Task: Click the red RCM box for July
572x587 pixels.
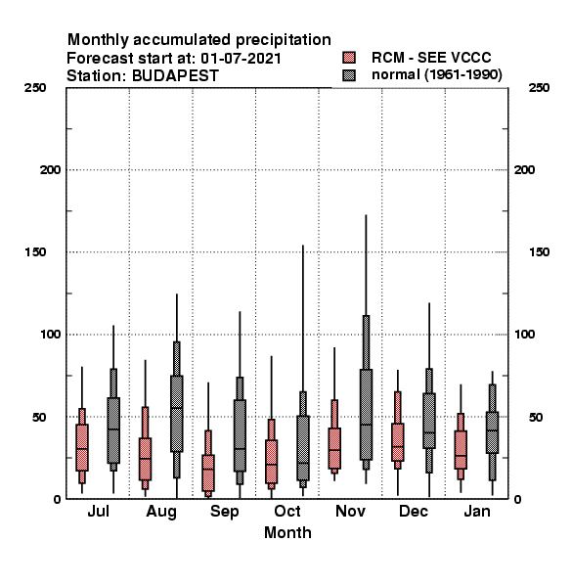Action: [82, 447]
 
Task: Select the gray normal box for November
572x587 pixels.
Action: [366, 415]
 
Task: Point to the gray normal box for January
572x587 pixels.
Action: [493, 432]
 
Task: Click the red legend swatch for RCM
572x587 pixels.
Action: [349, 58]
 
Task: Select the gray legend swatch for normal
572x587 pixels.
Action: [349, 75]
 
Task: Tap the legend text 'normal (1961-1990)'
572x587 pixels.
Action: [436, 75]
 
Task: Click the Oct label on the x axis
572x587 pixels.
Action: [287, 511]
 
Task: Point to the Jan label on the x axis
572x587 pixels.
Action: [477, 511]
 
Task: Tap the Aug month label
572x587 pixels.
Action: [161, 512]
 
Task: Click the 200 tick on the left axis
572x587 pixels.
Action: [50, 170]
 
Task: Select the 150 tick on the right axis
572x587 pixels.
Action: [539, 252]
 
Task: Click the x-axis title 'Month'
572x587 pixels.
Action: [287, 533]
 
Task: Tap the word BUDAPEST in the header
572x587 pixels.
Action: [175, 76]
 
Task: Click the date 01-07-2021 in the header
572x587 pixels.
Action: [241, 58]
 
